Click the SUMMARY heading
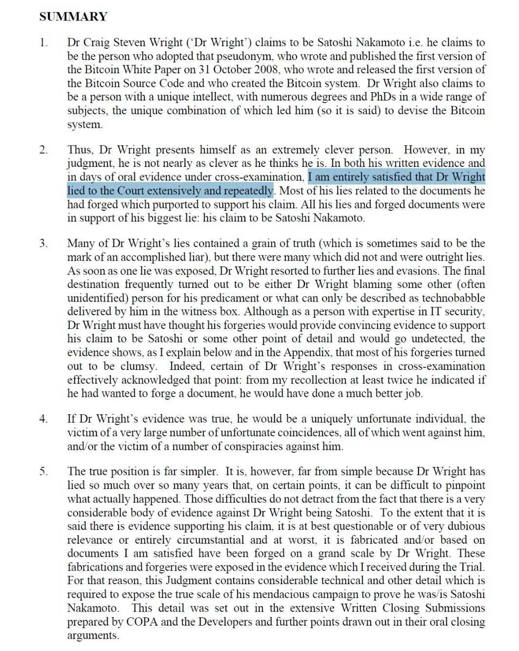[73, 17]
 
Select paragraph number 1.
[44, 42]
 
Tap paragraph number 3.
[44, 244]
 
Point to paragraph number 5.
[44, 471]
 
